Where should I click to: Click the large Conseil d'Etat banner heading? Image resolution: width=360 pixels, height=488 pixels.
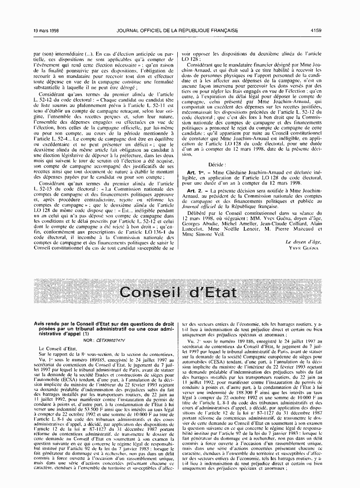pos(179,292)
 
